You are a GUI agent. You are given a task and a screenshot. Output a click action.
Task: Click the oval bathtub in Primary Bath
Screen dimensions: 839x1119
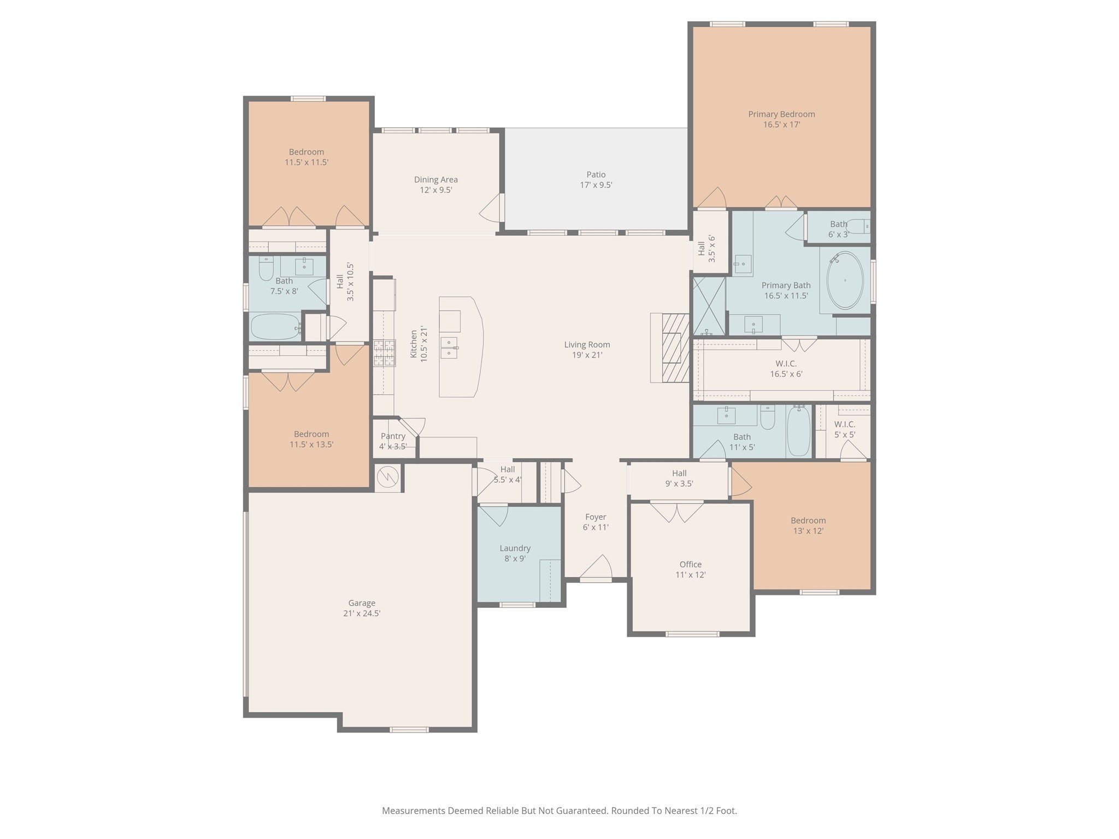845,281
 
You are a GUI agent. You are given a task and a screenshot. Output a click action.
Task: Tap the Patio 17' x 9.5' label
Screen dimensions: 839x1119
596,180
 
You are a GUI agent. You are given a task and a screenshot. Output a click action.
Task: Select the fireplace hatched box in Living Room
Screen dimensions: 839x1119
676,348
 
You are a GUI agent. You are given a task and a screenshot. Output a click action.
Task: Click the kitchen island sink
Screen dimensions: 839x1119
449,347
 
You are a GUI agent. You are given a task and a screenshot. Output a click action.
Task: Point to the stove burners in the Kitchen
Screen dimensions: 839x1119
384,353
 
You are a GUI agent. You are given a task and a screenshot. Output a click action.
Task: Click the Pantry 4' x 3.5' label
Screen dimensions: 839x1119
393,441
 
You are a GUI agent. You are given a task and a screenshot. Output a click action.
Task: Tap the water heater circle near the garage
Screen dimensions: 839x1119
388,477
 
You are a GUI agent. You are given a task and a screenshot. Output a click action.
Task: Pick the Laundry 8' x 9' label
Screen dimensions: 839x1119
515,553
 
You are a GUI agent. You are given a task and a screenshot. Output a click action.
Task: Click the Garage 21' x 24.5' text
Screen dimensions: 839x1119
362,608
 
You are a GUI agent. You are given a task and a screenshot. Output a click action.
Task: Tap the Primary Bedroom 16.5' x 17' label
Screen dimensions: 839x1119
781,119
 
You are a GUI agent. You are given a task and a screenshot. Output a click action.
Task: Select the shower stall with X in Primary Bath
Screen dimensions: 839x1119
709,306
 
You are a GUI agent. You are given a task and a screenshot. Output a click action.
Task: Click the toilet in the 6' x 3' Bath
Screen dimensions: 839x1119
858,226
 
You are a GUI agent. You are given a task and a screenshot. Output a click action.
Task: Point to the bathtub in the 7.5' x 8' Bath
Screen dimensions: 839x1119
275,327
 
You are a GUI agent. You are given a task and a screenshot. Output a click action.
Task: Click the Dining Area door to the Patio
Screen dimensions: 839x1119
492,208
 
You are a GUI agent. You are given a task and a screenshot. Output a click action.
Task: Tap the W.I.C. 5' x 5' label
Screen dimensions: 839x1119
844,429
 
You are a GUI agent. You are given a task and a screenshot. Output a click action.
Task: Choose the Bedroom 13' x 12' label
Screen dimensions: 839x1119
808,525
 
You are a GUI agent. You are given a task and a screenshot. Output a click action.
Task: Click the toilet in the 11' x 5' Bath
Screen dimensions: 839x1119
768,417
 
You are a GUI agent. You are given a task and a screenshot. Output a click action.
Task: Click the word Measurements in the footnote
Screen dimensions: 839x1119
413,811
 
